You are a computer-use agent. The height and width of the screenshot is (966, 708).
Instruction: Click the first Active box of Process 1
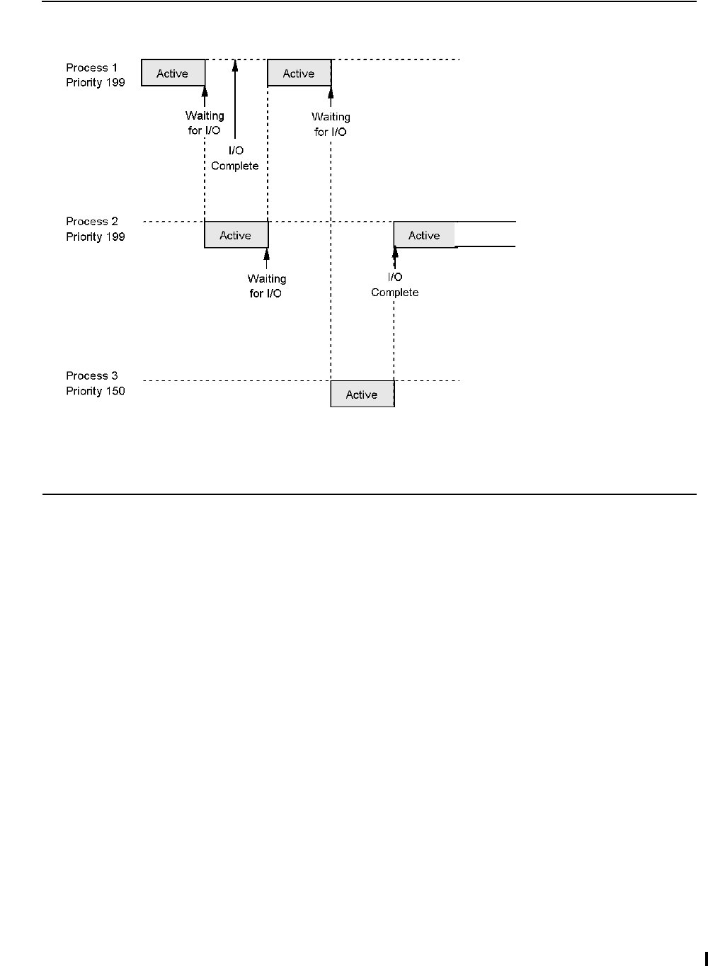tap(173, 73)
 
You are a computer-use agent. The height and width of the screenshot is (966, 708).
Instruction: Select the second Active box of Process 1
tap(299, 73)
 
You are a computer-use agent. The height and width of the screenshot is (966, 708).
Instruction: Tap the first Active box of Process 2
tap(236, 235)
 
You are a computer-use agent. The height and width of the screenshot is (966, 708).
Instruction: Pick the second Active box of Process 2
tap(424, 235)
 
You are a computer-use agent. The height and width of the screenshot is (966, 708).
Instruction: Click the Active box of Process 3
tap(362, 394)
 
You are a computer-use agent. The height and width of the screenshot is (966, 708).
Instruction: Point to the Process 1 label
tap(92, 67)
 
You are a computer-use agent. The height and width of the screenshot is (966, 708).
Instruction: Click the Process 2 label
tap(92, 222)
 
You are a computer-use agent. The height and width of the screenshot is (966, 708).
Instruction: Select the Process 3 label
tap(92, 375)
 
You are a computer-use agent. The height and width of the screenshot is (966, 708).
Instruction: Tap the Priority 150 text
tap(96, 391)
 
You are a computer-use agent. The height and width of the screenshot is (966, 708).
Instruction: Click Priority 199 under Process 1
tap(96, 83)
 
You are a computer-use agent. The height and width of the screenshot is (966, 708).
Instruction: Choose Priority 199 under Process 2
tap(96, 237)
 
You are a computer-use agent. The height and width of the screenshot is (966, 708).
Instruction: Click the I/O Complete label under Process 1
tap(235, 158)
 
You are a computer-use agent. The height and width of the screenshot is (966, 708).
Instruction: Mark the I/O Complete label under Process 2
tap(395, 285)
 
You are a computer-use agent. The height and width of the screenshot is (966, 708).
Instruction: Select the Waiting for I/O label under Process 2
tap(266, 286)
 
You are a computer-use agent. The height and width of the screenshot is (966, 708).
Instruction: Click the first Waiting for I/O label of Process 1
tap(205, 123)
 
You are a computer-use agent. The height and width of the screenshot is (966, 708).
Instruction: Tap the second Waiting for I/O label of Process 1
tap(331, 124)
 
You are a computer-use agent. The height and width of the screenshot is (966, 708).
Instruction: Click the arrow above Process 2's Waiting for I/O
tap(267, 258)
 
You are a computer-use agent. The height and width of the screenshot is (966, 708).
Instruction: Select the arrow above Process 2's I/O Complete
tap(395, 258)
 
